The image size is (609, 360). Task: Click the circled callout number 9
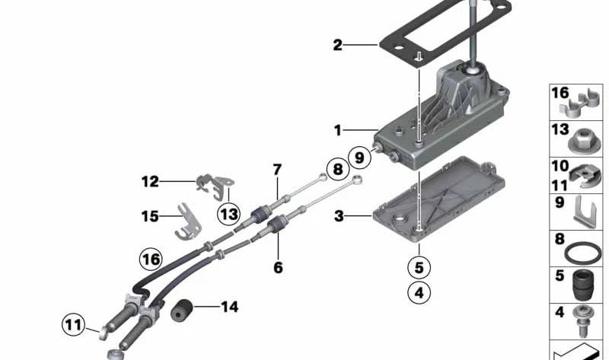pyautogui.click(x=359, y=157)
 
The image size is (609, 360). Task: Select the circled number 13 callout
pyautogui.click(x=228, y=214)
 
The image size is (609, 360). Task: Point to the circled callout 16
pyautogui.click(x=151, y=260)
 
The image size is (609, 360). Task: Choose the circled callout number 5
pyautogui.click(x=418, y=267)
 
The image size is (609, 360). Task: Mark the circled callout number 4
pyautogui.click(x=418, y=291)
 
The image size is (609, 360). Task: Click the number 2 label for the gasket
pyautogui.click(x=337, y=45)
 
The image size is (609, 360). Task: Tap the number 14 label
pyautogui.click(x=229, y=307)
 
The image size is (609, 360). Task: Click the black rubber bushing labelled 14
pyautogui.click(x=183, y=311)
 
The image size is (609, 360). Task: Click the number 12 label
pyautogui.click(x=149, y=182)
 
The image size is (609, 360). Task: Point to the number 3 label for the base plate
pyautogui.click(x=338, y=217)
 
